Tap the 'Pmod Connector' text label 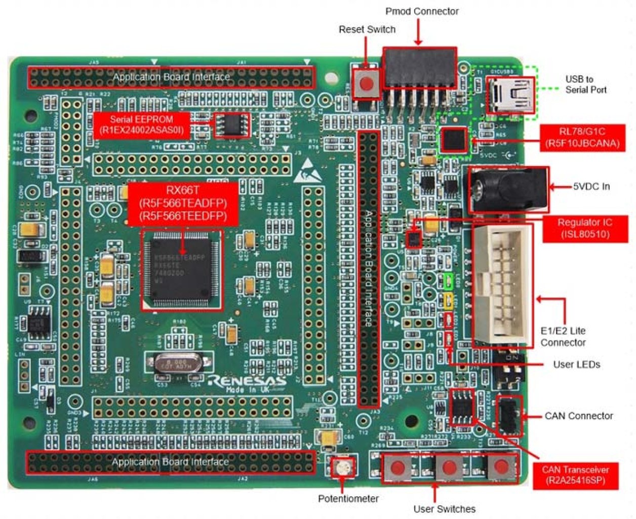coord(422,11)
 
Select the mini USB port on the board coord(511,95)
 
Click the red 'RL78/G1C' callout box coord(582,138)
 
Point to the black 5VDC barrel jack coord(507,190)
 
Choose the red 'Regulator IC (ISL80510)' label coord(585,229)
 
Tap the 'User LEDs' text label coord(576,364)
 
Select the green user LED coord(449,281)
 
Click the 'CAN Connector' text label coord(578,416)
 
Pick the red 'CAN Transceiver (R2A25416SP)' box coord(575,475)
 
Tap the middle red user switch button coord(449,467)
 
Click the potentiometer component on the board coord(342,467)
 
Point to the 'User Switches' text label coord(444,509)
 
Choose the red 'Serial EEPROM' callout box coord(142,125)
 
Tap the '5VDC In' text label coord(591,187)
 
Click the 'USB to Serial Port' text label coord(585,84)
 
